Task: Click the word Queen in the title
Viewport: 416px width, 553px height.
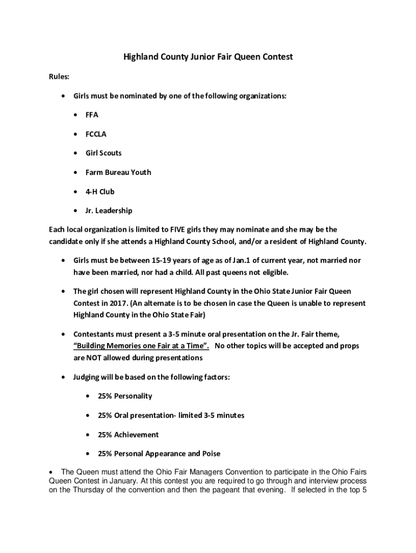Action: click(x=243, y=56)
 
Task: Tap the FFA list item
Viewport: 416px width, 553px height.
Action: click(x=92, y=114)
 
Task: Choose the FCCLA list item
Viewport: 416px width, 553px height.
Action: click(x=97, y=134)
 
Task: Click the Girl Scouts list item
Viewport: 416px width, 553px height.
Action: click(x=103, y=153)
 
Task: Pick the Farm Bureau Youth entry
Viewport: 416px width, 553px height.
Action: click(x=118, y=172)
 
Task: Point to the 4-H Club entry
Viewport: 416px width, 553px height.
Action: click(x=100, y=191)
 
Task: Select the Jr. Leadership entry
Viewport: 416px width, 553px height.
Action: click(x=109, y=211)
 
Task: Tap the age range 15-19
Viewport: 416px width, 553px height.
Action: click(x=164, y=260)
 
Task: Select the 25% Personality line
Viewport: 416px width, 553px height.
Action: click(x=125, y=396)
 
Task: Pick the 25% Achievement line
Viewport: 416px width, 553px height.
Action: click(x=128, y=434)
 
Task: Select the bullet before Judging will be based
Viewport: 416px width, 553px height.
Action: click(x=64, y=377)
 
